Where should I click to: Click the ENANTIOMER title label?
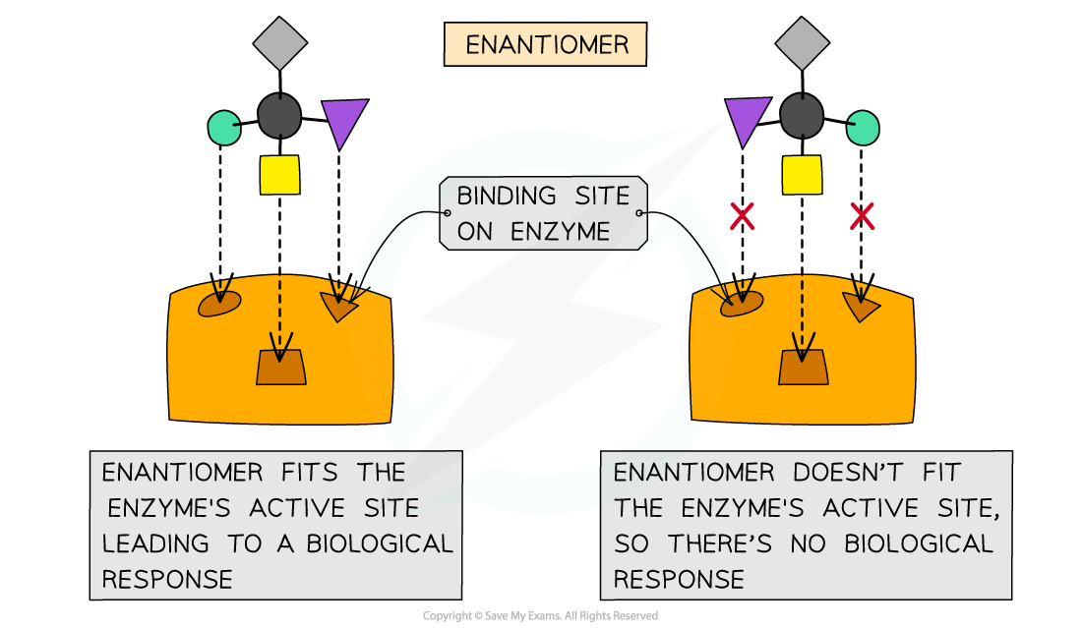pos(545,45)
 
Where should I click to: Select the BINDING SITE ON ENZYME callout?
pos(543,213)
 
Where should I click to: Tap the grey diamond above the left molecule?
pos(280,43)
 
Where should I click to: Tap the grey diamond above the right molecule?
pos(803,43)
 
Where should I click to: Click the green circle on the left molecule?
pos(224,127)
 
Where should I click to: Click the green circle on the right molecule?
pos(863,128)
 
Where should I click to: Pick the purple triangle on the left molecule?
pos(343,121)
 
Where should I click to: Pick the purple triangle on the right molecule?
pos(747,121)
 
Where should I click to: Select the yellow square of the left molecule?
pos(279,174)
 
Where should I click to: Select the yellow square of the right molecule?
pos(802,174)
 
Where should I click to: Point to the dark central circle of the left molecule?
pos(279,115)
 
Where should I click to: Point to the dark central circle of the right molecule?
pos(802,115)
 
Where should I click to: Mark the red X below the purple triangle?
pos(742,216)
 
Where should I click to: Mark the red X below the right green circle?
pos(862,216)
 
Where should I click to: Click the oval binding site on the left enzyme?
pos(219,304)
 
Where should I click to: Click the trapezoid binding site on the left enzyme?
pos(280,367)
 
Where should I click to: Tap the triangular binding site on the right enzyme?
pos(860,307)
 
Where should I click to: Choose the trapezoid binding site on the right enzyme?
pos(804,367)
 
